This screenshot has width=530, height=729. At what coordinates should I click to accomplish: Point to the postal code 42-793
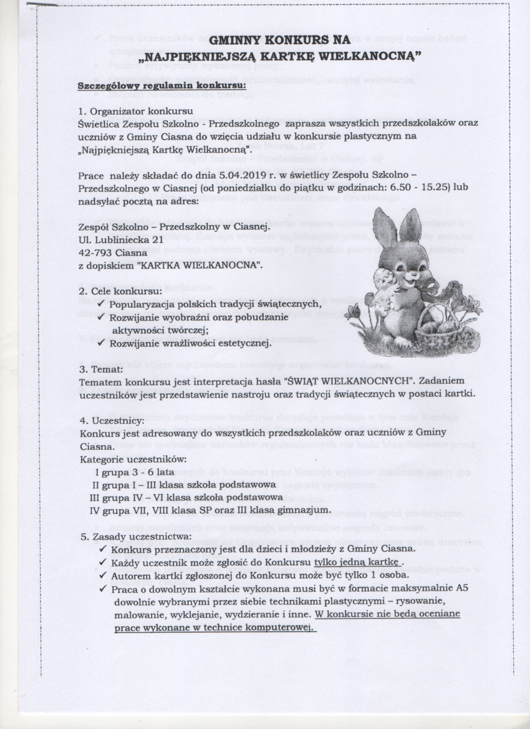click(97, 252)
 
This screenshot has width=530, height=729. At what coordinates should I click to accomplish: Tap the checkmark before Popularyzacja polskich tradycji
click(102, 304)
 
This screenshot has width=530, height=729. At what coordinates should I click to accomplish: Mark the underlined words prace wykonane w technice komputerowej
click(213, 627)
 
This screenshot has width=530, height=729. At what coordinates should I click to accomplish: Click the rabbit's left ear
click(385, 229)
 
